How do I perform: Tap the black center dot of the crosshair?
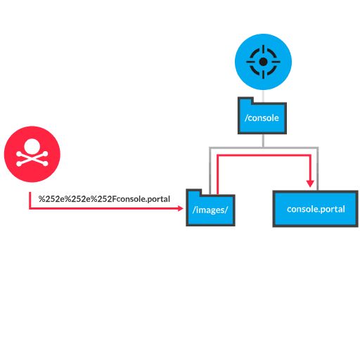(263, 62)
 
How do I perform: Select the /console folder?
(262, 117)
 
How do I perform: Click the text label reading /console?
(262, 118)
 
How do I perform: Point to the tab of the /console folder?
(245, 101)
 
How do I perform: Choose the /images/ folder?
(210, 208)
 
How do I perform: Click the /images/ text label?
(210, 210)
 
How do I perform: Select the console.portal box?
(316, 208)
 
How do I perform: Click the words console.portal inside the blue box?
(316, 210)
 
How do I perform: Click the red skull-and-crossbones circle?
(32, 154)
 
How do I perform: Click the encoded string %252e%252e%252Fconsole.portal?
(104, 199)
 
